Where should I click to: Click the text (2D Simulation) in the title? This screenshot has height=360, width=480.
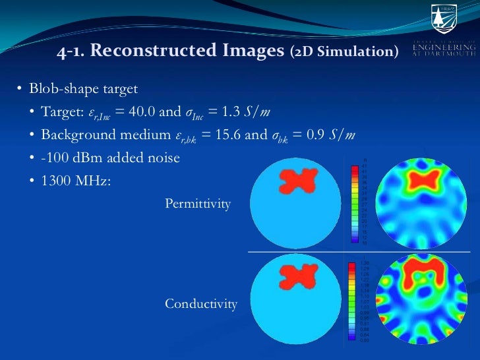(x=344, y=51)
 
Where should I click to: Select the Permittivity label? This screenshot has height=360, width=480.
(x=198, y=204)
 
